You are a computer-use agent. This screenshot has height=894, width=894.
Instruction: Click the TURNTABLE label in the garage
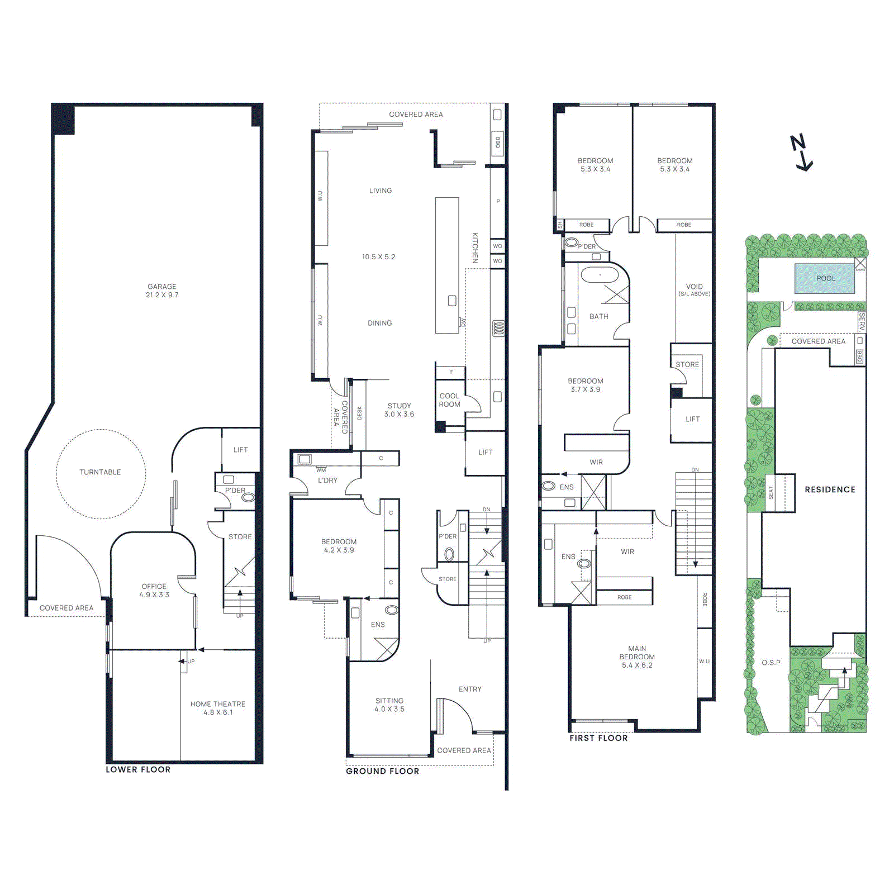click(x=100, y=472)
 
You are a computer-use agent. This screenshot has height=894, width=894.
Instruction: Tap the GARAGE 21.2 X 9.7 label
click(x=162, y=291)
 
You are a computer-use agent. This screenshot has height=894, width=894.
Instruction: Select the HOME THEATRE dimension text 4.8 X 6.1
click(x=218, y=712)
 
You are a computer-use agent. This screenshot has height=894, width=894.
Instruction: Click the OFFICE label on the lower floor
click(x=154, y=586)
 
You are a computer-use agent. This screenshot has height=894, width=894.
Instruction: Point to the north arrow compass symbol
click(x=802, y=153)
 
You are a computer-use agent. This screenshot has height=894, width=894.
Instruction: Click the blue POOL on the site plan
click(x=825, y=278)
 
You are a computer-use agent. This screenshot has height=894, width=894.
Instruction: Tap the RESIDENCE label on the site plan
click(x=830, y=489)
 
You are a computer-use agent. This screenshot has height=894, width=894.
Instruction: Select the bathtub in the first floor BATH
click(x=600, y=275)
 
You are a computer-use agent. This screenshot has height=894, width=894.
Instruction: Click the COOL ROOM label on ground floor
click(x=449, y=400)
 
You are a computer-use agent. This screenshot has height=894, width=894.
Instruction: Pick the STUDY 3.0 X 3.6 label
click(x=399, y=410)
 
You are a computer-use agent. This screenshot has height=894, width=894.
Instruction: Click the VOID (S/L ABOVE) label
click(x=694, y=289)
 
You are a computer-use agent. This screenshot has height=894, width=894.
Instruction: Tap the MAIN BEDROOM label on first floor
click(x=637, y=657)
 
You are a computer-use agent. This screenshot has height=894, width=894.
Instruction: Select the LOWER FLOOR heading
click(x=138, y=769)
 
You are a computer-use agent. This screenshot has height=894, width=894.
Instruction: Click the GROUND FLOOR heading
click(x=382, y=771)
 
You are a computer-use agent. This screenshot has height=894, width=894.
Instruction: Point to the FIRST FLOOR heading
click(x=598, y=738)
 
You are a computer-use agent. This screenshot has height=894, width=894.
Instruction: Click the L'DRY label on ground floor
click(x=327, y=481)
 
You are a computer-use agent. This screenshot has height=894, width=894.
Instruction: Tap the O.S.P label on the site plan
click(x=771, y=663)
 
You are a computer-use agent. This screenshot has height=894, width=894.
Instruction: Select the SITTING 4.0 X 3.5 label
click(x=389, y=705)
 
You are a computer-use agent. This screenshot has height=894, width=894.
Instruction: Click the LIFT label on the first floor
click(x=692, y=419)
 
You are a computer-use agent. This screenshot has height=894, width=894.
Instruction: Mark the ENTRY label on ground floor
click(x=470, y=689)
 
